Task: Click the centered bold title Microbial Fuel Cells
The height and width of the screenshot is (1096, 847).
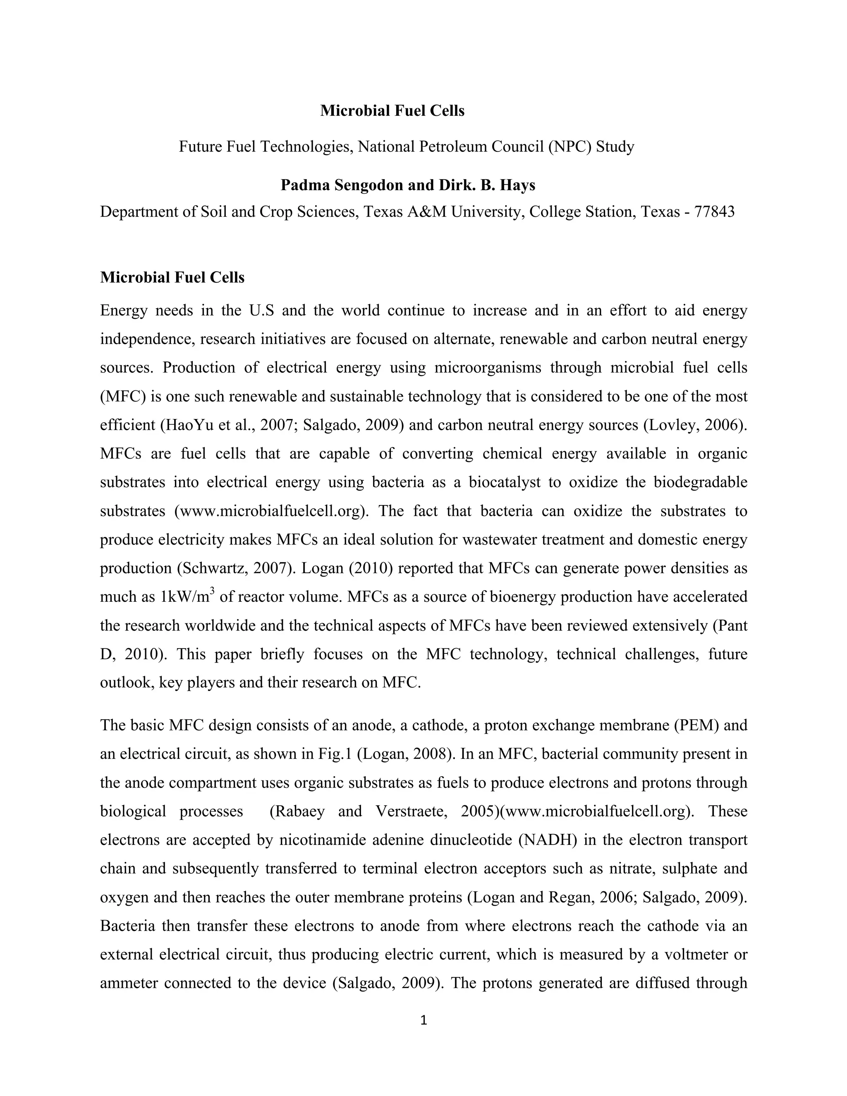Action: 392,111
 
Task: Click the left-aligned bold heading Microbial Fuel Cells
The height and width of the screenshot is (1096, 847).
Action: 172,278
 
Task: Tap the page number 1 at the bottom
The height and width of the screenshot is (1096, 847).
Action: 423,1020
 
